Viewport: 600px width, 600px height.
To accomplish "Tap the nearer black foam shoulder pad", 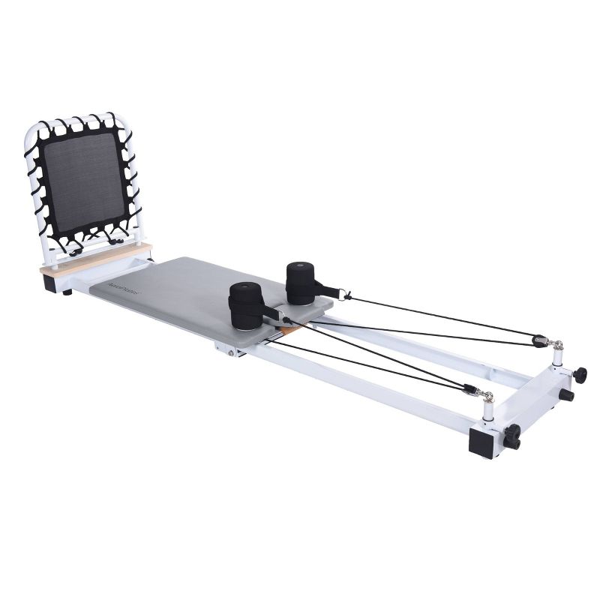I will click(246, 306).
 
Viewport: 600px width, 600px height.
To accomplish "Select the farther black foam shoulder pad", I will click(301, 283).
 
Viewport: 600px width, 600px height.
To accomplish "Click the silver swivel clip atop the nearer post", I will click(486, 394).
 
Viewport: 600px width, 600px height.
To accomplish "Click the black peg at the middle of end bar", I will click(566, 394).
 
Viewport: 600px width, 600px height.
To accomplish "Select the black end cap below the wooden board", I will click(53, 281).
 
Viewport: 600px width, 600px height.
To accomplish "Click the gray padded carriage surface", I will click(180, 292).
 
